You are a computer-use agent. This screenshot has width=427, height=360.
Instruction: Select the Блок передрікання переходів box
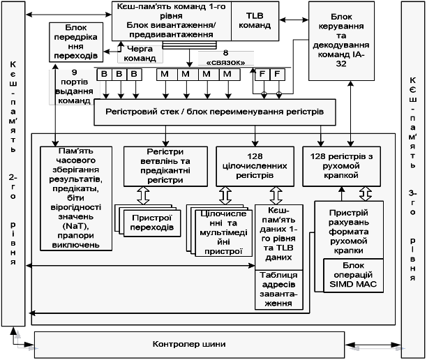click(75, 41)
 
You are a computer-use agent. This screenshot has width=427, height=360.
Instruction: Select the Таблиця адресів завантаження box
click(277, 289)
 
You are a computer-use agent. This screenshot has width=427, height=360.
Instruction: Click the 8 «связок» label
click(224, 57)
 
